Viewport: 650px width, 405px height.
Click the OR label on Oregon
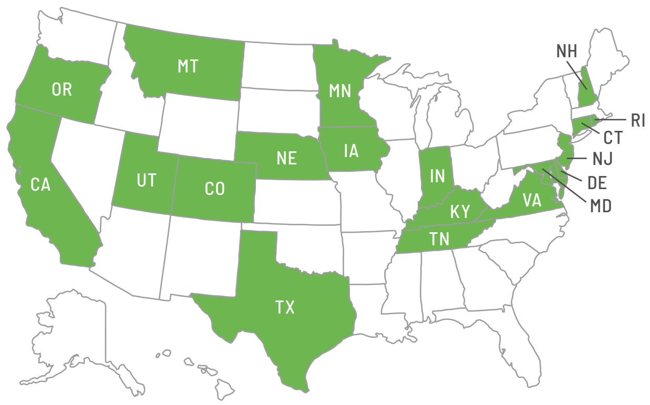(x=61, y=89)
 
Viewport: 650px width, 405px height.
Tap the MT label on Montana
(x=188, y=67)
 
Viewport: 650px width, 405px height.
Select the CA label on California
(x=40, y=185)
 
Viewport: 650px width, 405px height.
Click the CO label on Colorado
(x=214, y=188)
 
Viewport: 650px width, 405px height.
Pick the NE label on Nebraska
(x=286, y=159)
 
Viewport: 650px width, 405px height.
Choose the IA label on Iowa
(x=351, y=151)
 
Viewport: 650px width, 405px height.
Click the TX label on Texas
(x=285, y=307)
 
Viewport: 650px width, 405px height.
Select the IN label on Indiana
(x=437, y=176)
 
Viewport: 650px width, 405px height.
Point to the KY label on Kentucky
(x=459, y=212)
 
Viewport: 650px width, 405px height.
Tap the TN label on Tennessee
(x=439, y=240)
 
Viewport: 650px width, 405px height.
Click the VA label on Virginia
(x=532, y=200)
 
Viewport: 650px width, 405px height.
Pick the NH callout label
(x=566, y=51)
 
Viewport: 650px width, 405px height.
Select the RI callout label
(x=637, y=120)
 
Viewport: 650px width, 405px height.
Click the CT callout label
(x=612, y=138)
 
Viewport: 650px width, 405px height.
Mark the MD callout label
(x=601, y=206)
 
